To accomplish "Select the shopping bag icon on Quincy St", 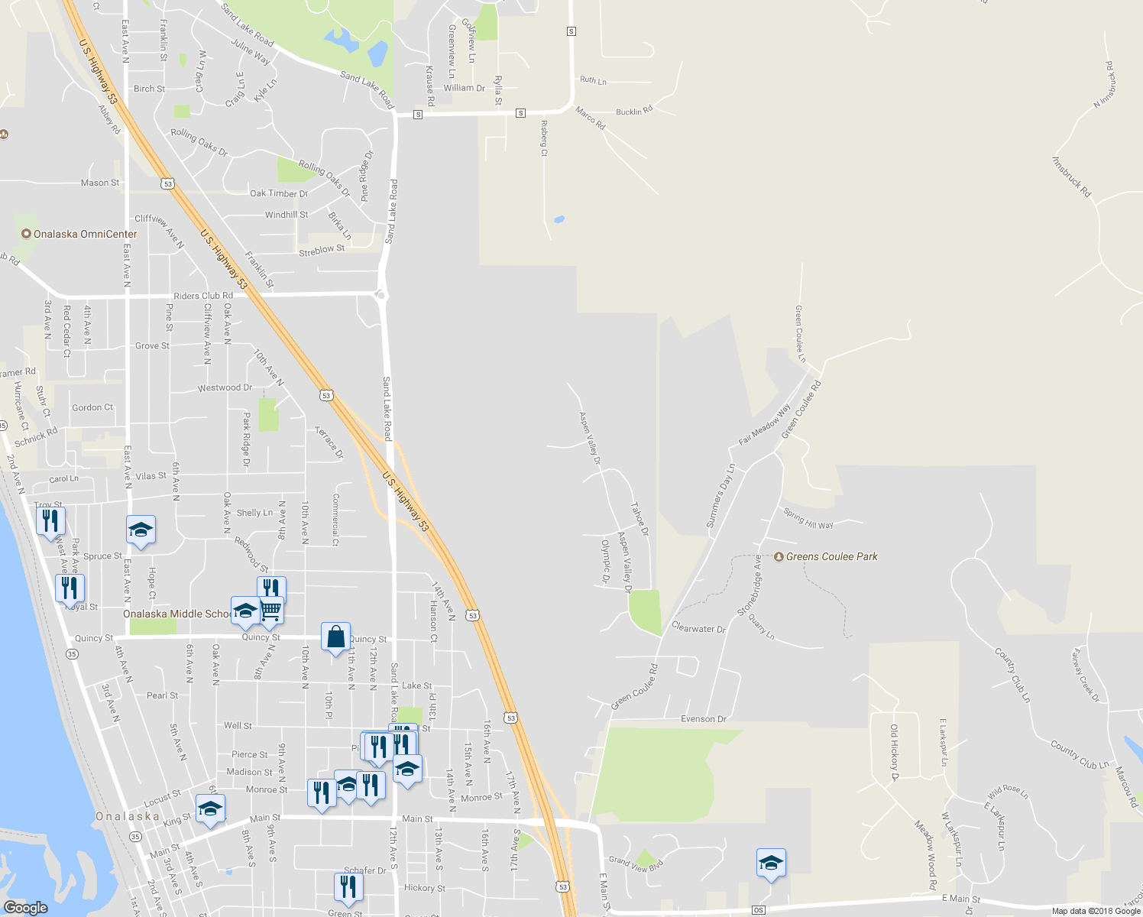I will coord(335,637).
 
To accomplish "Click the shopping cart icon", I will coord(271,610).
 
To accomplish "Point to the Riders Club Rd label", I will coord(203,296).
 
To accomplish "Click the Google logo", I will coord(25,908).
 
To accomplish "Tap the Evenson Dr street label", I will coord(703,719).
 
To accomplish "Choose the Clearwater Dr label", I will coord(698,628).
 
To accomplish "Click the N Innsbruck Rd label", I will coord(1106,85).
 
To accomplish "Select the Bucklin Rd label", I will coord(634,112).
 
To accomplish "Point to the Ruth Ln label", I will coord(593,80).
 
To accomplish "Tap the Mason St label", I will coord(100,183).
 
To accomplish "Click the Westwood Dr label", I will coord(225,387).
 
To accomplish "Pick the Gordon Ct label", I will coord(92,407).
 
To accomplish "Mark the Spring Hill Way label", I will coord(808,520).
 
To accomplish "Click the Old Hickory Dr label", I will coord(894,753).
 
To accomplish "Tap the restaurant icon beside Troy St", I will coord(50,522).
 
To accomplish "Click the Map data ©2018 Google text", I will coord(1096,911).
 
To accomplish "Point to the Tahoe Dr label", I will coord(639,519).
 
